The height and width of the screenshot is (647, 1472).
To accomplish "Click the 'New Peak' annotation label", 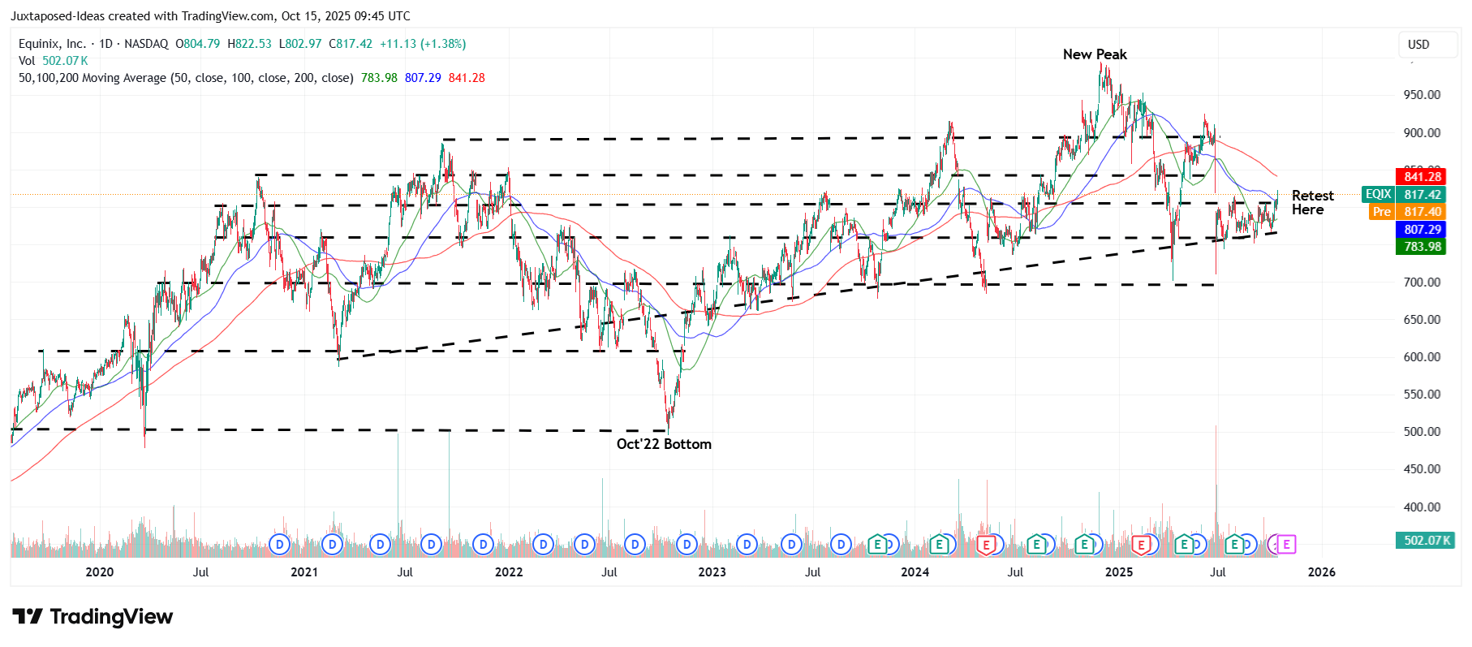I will pos(1094,54).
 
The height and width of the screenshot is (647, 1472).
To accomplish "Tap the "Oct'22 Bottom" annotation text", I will pos(663,444).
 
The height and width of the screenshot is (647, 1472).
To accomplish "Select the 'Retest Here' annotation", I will pos(1311,202).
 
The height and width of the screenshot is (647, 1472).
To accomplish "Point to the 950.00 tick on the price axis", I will pos(1422,95).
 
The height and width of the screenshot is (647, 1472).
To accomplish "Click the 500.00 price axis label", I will pos(1422,432).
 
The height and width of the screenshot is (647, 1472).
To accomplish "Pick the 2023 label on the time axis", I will pos(712,572).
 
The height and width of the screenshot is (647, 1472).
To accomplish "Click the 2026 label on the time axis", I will pos(1321,572).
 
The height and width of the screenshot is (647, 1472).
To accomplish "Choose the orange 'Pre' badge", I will pos(1381,212).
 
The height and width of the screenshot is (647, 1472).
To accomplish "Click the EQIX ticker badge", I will pos(1378,194).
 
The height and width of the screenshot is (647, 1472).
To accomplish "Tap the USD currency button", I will pos(1418,45).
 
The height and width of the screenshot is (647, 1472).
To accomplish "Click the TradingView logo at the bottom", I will pos(93,617).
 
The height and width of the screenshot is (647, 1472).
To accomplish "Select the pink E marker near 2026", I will pos(1285,544).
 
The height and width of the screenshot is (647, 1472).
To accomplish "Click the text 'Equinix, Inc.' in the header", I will pos(52,44).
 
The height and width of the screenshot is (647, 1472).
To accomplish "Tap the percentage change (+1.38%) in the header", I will pos(443,44).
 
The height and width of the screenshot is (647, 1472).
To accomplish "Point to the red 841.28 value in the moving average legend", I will pos(467,78).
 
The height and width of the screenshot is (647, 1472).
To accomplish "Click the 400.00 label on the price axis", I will pos(1422,507).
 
